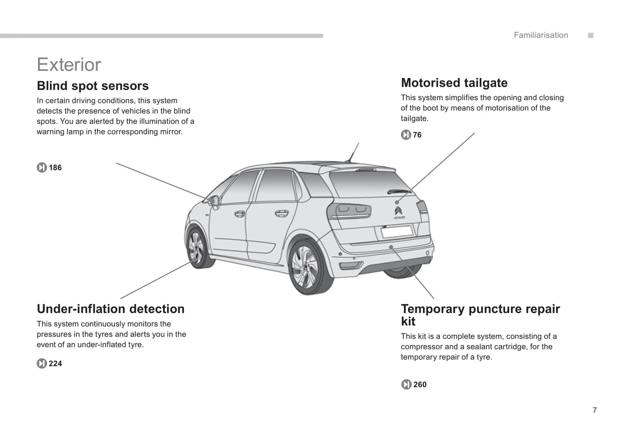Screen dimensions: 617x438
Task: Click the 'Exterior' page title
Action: point(69,64)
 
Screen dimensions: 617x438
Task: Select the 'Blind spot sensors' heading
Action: point(93,86)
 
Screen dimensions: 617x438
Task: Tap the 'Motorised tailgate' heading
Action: point(454,83)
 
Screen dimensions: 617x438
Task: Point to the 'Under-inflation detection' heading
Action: point(111,309)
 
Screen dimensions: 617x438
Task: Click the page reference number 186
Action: point(55,167)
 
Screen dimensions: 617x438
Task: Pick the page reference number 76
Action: point(417,135)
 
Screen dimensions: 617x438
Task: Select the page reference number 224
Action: point(55,363)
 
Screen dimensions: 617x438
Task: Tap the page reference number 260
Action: point(420,384)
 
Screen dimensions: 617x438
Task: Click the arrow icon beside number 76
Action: point(406,135)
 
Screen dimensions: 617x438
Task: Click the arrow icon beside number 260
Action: point(406,384)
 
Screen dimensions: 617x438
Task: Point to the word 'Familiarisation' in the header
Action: point(541,35)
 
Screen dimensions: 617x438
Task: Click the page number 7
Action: point(595,410)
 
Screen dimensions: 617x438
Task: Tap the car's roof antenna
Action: point(353,152)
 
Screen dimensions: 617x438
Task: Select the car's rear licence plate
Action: point(398,231)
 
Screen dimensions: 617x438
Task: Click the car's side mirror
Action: point(213,201)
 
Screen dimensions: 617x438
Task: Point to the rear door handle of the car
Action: point(281,213)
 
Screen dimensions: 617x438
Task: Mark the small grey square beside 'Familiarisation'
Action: point(591,35)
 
